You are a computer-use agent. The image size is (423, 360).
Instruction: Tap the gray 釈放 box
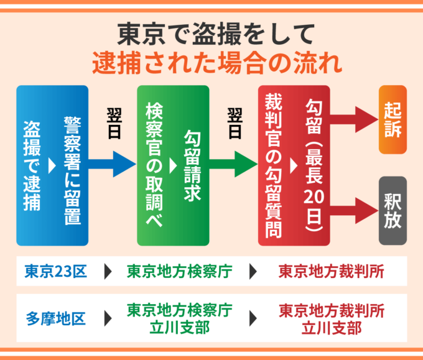(x=393, y=210)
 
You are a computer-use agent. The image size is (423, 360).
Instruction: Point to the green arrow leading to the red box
(x=234, y=164)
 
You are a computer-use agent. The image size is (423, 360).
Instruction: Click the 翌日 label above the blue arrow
(x=114, y=123)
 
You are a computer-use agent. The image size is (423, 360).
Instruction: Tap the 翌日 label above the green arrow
(x=235, y=123)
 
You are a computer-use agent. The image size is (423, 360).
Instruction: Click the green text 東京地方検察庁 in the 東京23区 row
(x=179, y=272)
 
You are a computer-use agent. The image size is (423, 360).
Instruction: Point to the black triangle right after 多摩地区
(x=108, y=318)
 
